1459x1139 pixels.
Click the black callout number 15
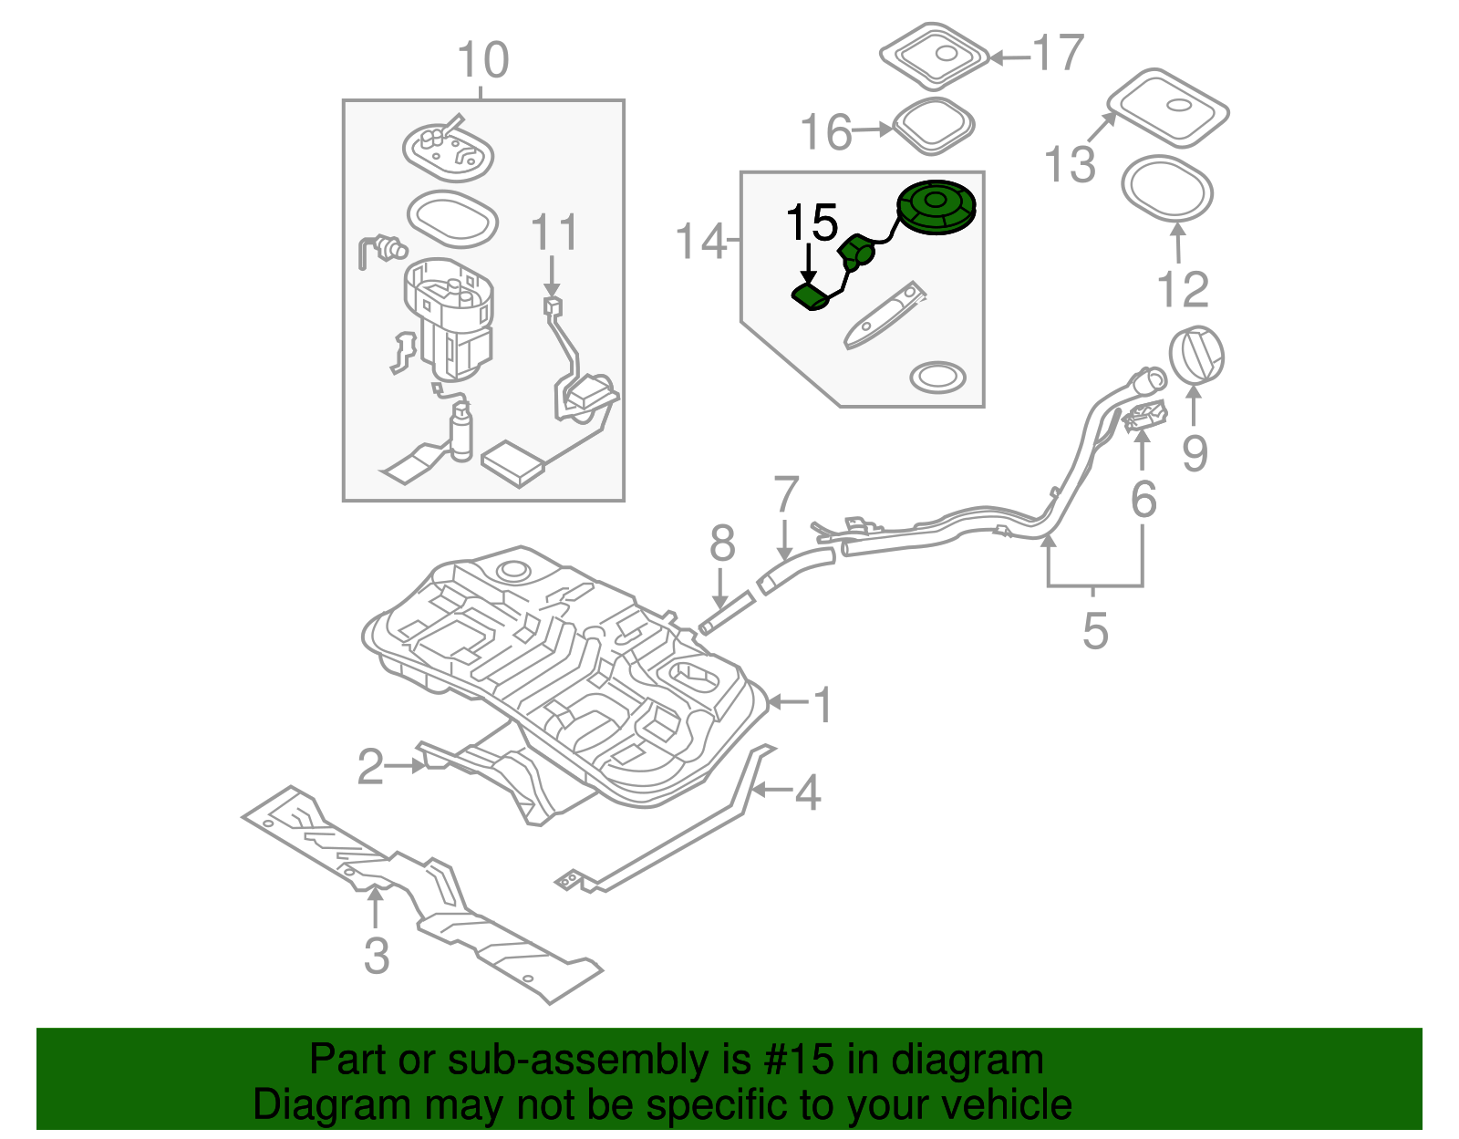(x=812, y=223)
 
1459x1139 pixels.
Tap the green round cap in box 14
(x=936, y=206)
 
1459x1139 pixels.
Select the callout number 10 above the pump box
(x=482, y=61)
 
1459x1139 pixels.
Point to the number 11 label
(x=554, y=233)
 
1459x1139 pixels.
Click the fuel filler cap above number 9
(x=1195, y=355)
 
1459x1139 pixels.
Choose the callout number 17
(x=1058, y=54)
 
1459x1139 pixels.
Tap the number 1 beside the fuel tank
(x=823, y=705)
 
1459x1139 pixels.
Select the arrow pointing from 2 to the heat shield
(x=405, y=766)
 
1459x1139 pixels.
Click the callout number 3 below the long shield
(x=376, y=955)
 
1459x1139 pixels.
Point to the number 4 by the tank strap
(x=808, y=792)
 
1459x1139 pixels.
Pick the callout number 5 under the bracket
(x=1094, y=630)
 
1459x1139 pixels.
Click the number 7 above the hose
(x=785, y=495)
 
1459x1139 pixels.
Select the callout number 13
(x=1070, y=165)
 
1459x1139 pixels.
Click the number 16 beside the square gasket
(x=826, y=132)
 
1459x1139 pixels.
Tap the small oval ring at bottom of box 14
(x=937, y=376)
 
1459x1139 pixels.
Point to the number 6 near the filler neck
(x=1143, y=499)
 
